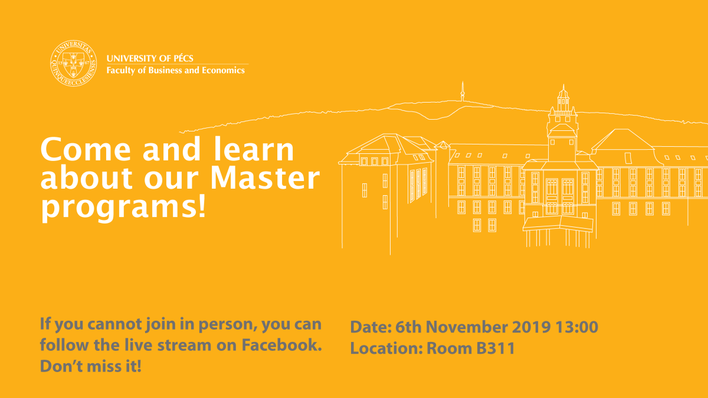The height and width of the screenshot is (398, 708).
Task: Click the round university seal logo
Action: (x=74, y=63)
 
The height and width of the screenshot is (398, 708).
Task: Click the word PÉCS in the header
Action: (x=183, y=58)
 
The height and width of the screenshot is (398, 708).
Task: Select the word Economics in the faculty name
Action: (x=223, y=70)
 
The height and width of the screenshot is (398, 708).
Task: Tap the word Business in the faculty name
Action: (x=165, y=70)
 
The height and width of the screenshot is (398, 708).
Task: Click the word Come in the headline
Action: (x=86, y=149)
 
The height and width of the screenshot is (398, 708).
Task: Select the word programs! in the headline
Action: (x=123, y=207)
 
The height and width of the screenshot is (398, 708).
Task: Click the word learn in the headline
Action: (x=254, y=149)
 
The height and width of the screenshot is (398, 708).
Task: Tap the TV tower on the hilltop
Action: (x=463, y=91)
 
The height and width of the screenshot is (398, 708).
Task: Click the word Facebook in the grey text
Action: (x=281, y=345)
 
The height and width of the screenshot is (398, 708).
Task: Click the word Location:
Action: (x=386, y=348)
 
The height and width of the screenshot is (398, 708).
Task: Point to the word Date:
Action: (x=371, y=327)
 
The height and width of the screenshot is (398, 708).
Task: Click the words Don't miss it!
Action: (x=90, y=366)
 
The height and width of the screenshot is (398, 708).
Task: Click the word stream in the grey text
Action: (x=184, y=346)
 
